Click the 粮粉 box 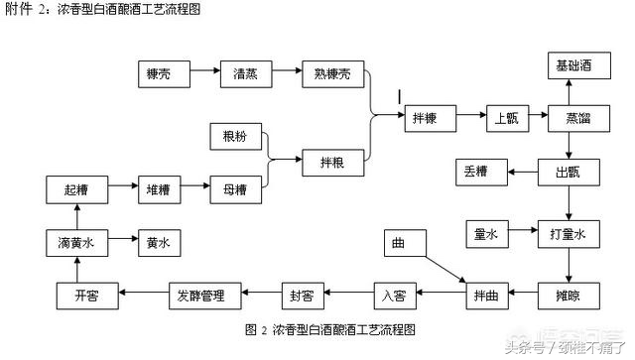[x=235, y=136]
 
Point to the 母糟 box [x=235, y=187]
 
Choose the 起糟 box [x=75, y=187]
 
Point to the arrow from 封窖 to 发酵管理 [x=257, y=294]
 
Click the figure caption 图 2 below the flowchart [x=328, y=328]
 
